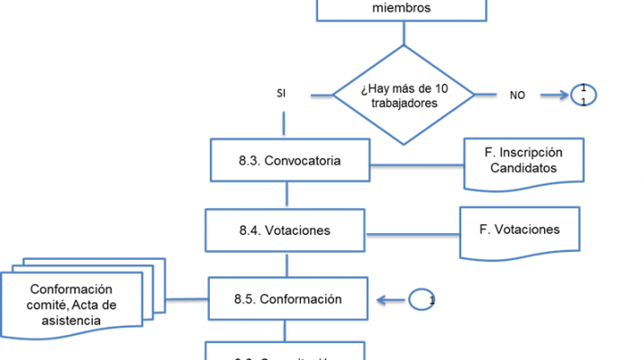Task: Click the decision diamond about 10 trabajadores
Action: tap(404, 94)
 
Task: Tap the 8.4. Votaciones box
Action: tap(285, 230)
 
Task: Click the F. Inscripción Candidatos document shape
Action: tap(523, 161)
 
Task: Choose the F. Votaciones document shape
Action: tap(520, 229)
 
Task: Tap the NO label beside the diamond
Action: tap(518, 94)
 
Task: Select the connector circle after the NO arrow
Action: tap(583, 94)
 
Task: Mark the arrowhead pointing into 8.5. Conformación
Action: tap(383, 300)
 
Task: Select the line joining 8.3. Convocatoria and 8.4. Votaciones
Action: tap(287, 194)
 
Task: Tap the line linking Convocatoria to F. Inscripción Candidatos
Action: tap(416, 164)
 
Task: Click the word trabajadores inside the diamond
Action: tap(404, 103)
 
